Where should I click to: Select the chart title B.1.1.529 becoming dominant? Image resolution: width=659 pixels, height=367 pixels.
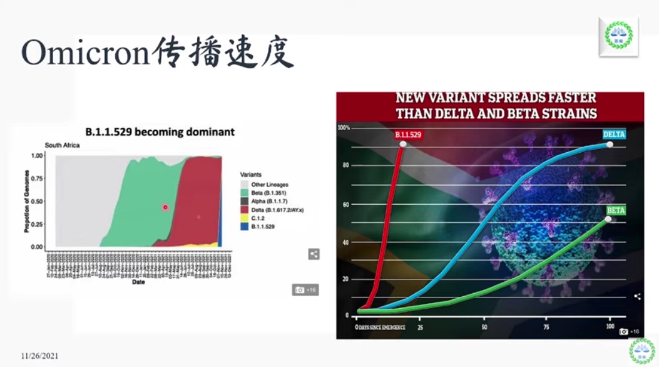click(x=160, y=132)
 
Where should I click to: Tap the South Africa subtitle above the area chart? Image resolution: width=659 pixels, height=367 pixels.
click(x=63, y=145)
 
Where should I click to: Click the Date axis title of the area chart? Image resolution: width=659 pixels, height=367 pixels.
click(x=139, y=282)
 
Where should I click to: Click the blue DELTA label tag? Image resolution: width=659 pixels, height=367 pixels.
click(x=614, y=134)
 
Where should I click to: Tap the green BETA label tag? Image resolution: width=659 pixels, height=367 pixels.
click(x=615, y=210)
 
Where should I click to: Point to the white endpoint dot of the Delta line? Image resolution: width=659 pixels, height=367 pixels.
click(x=609, y=145)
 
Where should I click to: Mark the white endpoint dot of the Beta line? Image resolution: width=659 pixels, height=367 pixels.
click(x=608, y=219)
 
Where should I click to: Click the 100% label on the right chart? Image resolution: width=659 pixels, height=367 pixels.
click(x=344, y=128)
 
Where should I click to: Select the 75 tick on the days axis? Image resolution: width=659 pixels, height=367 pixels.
click(x=547, y=327)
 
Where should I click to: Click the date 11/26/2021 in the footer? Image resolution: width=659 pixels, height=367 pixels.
click(x=39, y=355)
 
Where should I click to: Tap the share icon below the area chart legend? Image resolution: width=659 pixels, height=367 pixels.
click(x=314, y=254)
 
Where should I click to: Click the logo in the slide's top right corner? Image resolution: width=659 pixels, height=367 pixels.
click(x=618, y=35)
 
